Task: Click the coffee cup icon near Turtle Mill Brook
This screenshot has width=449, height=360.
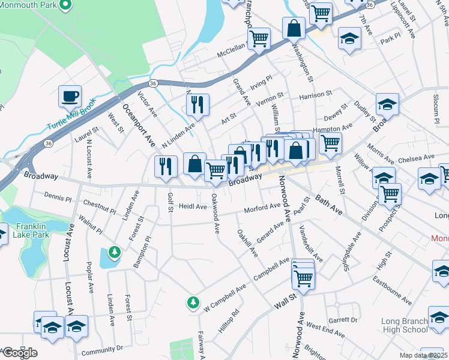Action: tap(70, 97)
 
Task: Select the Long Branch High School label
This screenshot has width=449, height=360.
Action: tap(405, 325)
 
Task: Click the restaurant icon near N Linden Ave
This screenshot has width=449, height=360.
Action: tap(197, 105)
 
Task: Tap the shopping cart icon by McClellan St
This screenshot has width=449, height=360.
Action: tap(259, 39)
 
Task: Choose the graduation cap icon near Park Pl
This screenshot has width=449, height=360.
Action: tap(349, 39)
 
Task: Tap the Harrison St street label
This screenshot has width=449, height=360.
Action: tap(316, 95)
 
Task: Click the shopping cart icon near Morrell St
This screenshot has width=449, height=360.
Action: tap(330, 143)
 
